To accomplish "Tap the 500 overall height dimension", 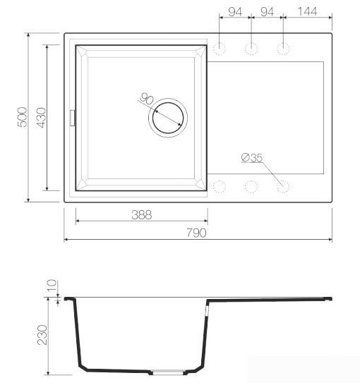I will (x=22, y=117).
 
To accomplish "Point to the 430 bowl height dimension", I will (x=41, y=117).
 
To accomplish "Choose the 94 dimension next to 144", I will (x=267, y=12).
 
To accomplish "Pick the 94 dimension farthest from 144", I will (x=234, y=12).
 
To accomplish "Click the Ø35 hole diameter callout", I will (x=251, y=157).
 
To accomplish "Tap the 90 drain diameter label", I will (x=147, y=99).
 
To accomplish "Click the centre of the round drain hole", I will (x=168, y=116).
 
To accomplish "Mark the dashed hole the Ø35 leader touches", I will (x=283, y=187).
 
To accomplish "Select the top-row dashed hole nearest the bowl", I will (x=220, y=49).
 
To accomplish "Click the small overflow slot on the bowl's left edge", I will (x=71, y=118).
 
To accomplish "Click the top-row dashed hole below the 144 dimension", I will (x=283, y=49).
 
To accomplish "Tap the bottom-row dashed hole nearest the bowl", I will (x=220, y=187).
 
